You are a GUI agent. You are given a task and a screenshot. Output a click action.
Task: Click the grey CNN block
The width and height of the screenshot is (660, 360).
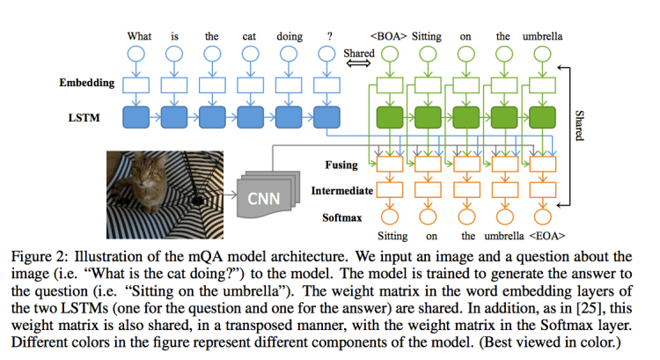click(x=263, y=197)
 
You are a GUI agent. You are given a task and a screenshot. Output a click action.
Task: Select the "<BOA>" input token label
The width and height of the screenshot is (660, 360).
click(x=389, y=37)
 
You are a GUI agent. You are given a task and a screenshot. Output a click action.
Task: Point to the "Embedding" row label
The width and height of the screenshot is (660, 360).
click(x=87, y=84)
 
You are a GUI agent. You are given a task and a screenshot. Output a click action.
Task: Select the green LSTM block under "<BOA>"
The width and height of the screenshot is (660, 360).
click(x=389, y=117)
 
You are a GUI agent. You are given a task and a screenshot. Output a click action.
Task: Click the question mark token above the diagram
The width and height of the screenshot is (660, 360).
click(x=327, y=37)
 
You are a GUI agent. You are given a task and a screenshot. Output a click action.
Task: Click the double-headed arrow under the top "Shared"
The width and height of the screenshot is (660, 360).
click(x=357, y=54)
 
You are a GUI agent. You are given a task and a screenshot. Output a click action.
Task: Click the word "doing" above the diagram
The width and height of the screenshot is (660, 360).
click(x=290, y=37)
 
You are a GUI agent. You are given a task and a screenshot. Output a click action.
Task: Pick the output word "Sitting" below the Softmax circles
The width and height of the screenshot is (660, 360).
click(x=394, y=236)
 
